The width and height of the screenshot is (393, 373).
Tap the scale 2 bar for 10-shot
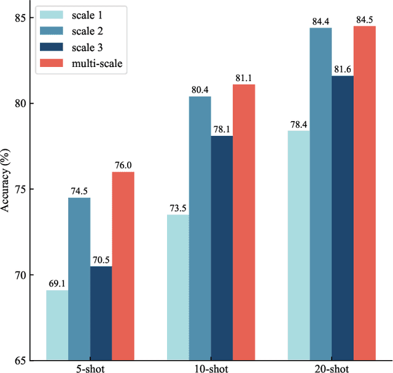pyautogui.click(x=200, y=228)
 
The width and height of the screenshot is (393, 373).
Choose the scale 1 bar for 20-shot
pyautogui.click(x=298, y=245)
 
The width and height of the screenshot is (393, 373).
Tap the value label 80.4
pyautogui.click(x=200, y=90)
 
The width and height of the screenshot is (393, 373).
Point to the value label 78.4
pyautogui.click(x=298, y=125)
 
